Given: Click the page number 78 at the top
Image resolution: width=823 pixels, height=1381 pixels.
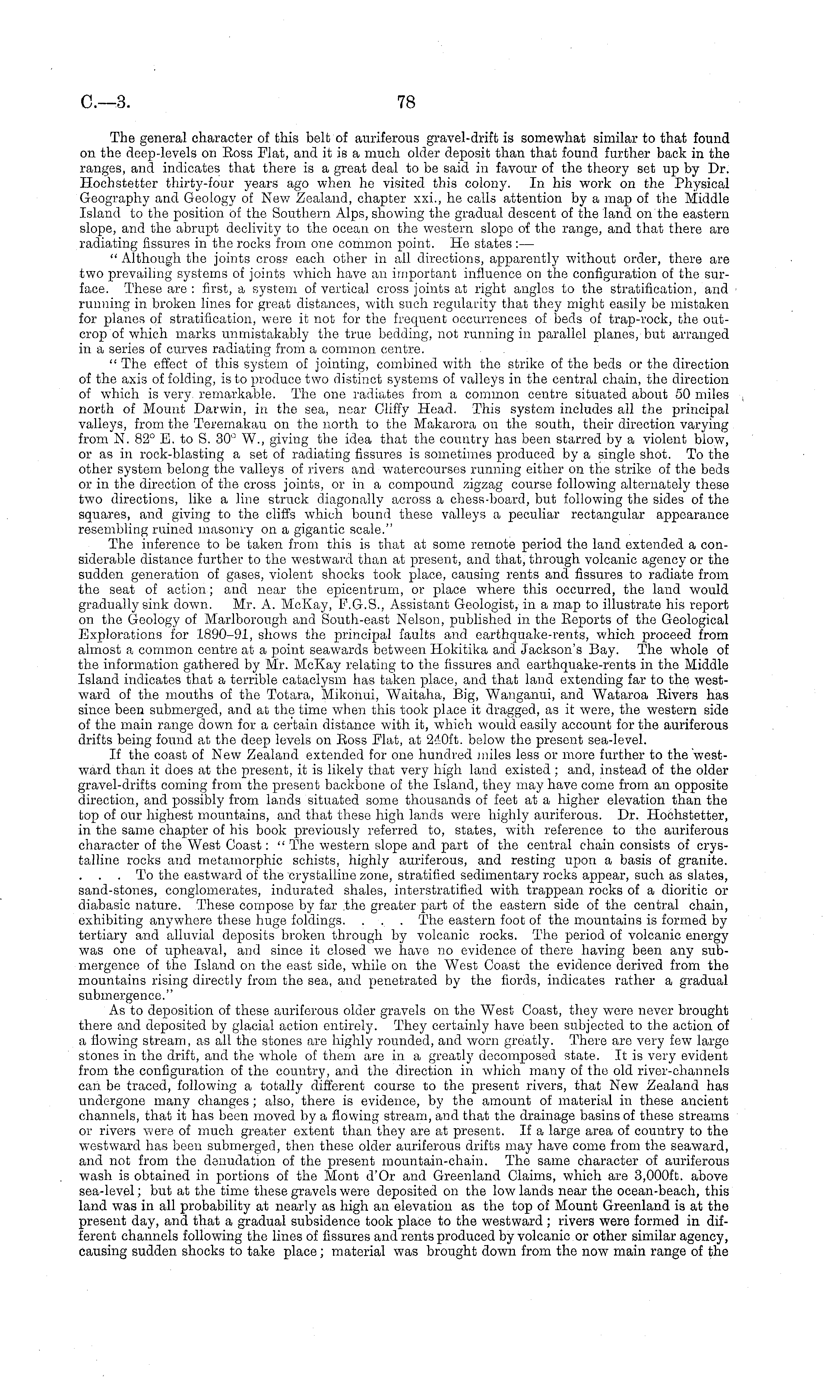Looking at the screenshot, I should [406, 102].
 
